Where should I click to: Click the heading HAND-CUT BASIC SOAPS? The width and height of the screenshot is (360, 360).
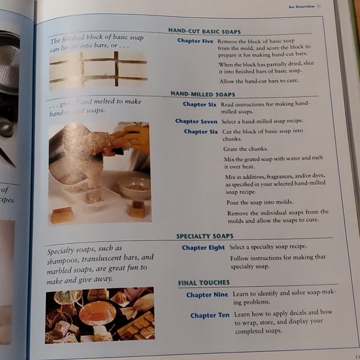tap(204, 30)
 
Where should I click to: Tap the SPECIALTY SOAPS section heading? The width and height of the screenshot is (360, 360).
tap(205, 236)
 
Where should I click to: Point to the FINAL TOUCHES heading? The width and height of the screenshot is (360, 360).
tap(204, 283)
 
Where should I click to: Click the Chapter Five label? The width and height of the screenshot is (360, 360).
tap(195, 41)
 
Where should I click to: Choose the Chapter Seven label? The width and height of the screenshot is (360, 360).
tap(196, 122)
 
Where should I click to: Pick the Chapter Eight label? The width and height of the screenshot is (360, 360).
tap(203, 248)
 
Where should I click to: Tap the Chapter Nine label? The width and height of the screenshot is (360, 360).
tap(207, 295)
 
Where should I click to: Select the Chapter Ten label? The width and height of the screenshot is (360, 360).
tap(209, 315)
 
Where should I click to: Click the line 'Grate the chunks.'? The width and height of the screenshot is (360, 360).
tap(246, 150)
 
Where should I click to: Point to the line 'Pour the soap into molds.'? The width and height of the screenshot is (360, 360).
tap(259, 202)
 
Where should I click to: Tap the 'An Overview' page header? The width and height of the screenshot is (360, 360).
tap(301, 6)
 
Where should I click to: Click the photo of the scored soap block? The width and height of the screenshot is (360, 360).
tap(97, 71)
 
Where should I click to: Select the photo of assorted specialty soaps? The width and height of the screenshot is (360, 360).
tap(99, 315)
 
